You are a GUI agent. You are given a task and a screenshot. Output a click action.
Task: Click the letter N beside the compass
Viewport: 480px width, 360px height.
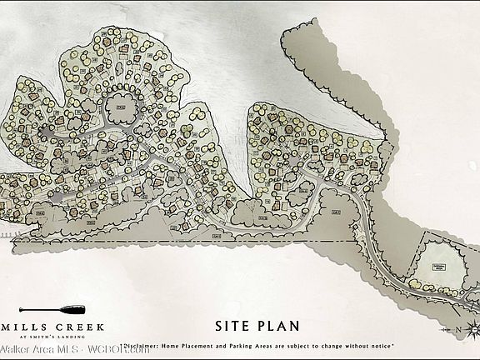point(458,330)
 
